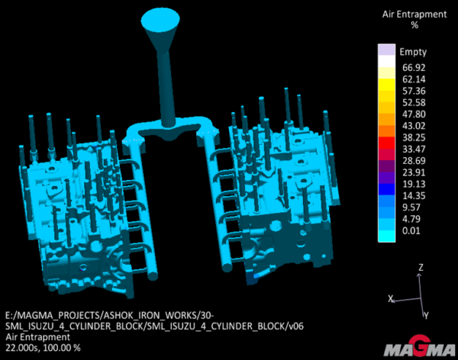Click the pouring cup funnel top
[160, 20]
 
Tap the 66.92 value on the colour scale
[414, 67]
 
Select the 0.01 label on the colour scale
[411, 230]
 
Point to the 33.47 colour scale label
[414, 149]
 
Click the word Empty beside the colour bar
[413, 52]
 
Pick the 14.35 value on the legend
[414, 195]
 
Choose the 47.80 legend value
[414, 114]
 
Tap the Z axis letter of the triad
[421, 267]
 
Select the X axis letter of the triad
[391, 299]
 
